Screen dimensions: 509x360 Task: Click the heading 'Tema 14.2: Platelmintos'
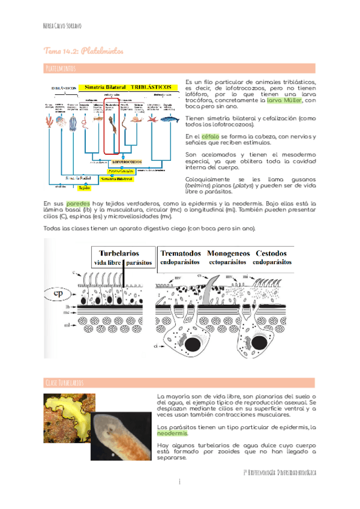click(83, 52)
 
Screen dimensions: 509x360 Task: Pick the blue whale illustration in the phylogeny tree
click(169, 119)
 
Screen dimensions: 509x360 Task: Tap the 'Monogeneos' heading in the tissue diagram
click(227, 253)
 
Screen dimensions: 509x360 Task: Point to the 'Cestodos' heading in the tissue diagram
click(273, 253)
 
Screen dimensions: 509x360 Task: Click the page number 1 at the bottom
click(179, 482)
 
